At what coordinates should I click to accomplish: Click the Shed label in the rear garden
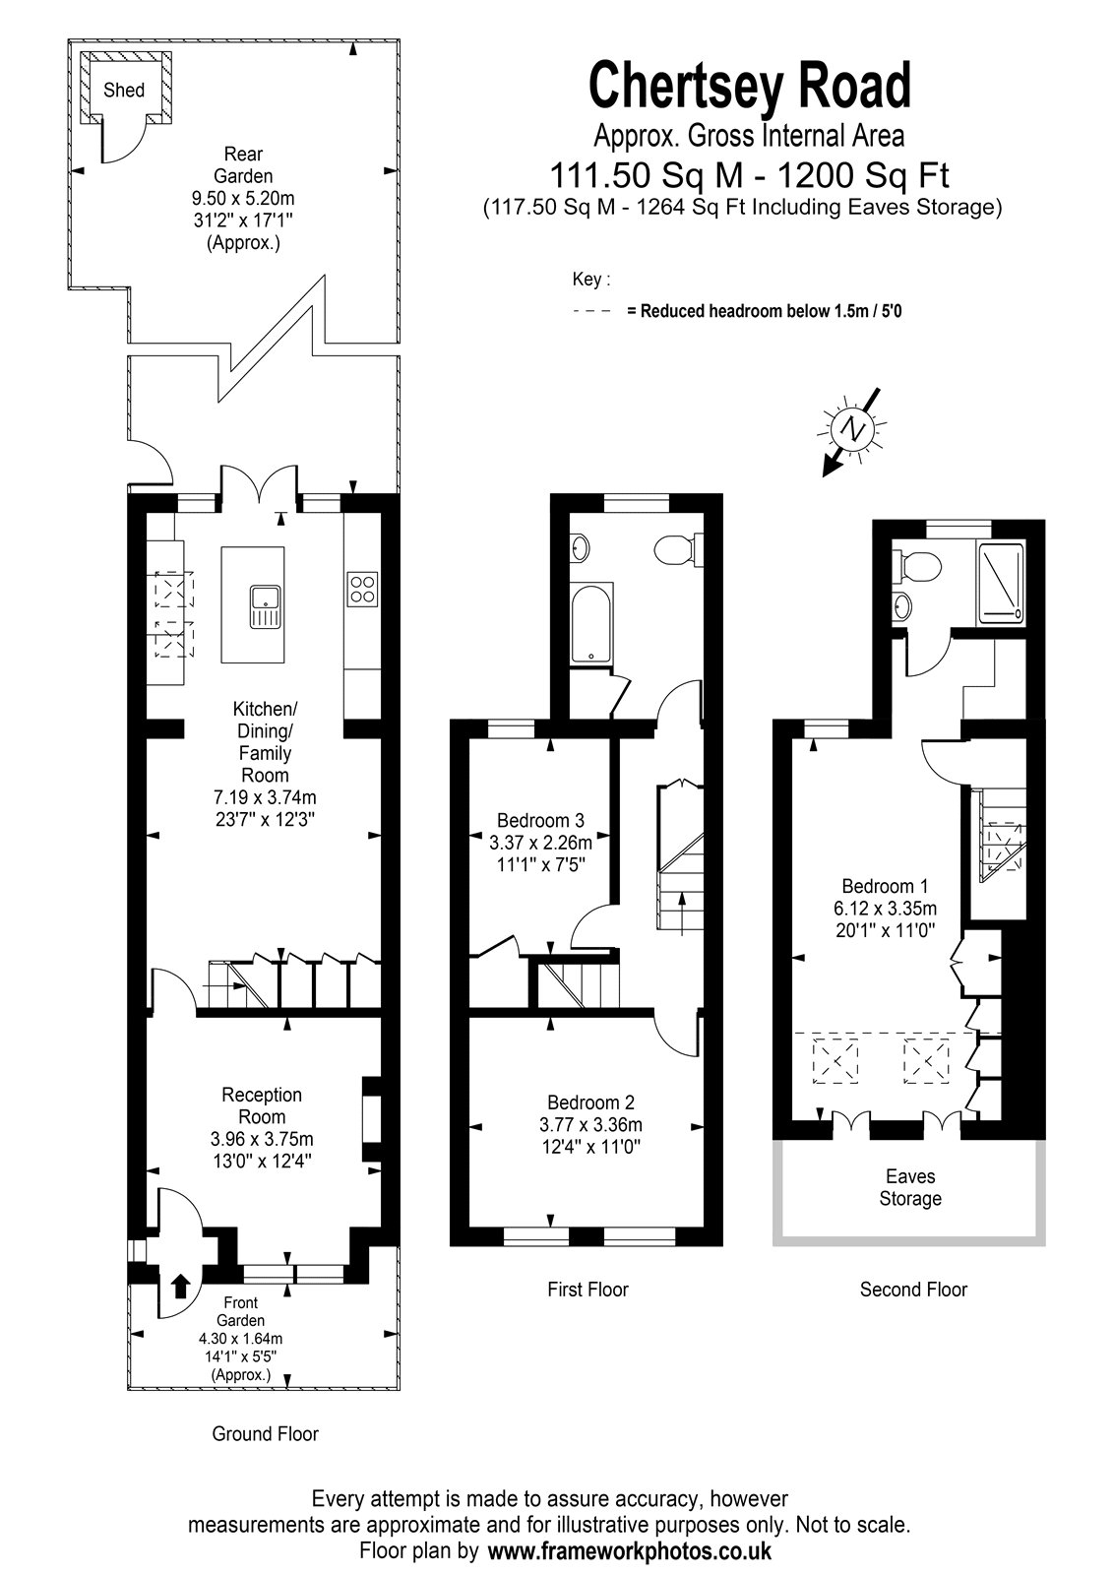coord(124,90)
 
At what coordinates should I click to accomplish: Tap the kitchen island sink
coord(265,606)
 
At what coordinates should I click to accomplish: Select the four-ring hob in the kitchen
coord(363,590)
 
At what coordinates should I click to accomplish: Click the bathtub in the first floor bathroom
coord(591,623)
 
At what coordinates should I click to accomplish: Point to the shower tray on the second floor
coord(1001,581)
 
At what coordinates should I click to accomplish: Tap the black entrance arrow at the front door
coord(181,1285)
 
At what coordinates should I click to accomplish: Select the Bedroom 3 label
coord(540,820)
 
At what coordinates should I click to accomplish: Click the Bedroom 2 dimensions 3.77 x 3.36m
coord(590,1124)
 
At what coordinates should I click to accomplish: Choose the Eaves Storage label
coord(910,1187)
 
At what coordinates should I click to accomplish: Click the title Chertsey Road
coord(750,86)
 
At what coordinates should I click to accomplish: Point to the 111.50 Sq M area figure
coord(646,175)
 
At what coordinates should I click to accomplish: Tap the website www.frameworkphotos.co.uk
coord(629,1550)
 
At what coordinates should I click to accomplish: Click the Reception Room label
coord(262,1105)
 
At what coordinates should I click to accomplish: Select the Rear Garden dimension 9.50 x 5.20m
coord(243,198)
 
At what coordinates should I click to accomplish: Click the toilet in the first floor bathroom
coord(678,547)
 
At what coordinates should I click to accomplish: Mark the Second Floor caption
coord(913,1289)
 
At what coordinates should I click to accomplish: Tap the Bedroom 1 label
coord(885,886)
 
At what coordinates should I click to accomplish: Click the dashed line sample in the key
coord(592,310)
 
